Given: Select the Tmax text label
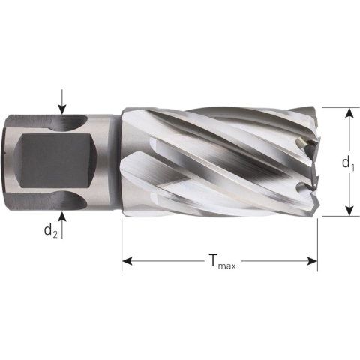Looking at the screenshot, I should (218, 261).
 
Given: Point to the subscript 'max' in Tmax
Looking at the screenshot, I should (226, 265).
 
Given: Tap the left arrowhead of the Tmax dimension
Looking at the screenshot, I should (127, 261).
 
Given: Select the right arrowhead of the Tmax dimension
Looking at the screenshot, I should (313, 261).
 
